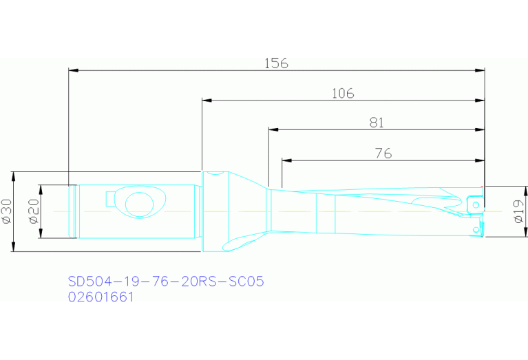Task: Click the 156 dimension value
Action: (276, 63)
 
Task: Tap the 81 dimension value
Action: (376, 123)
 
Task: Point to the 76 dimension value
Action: (383, 153)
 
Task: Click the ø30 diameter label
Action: (8, 211)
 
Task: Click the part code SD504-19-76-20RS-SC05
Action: (166, 282)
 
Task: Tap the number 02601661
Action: (101, 297)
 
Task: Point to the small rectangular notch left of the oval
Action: (110, 198)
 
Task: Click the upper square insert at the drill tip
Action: (474, 204)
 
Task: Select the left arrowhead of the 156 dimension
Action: (74, 70)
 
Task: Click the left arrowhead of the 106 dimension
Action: (207, 100)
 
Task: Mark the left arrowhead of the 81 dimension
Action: (273, 129)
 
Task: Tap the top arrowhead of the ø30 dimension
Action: (15, 175)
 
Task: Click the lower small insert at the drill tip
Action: (474, 228)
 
